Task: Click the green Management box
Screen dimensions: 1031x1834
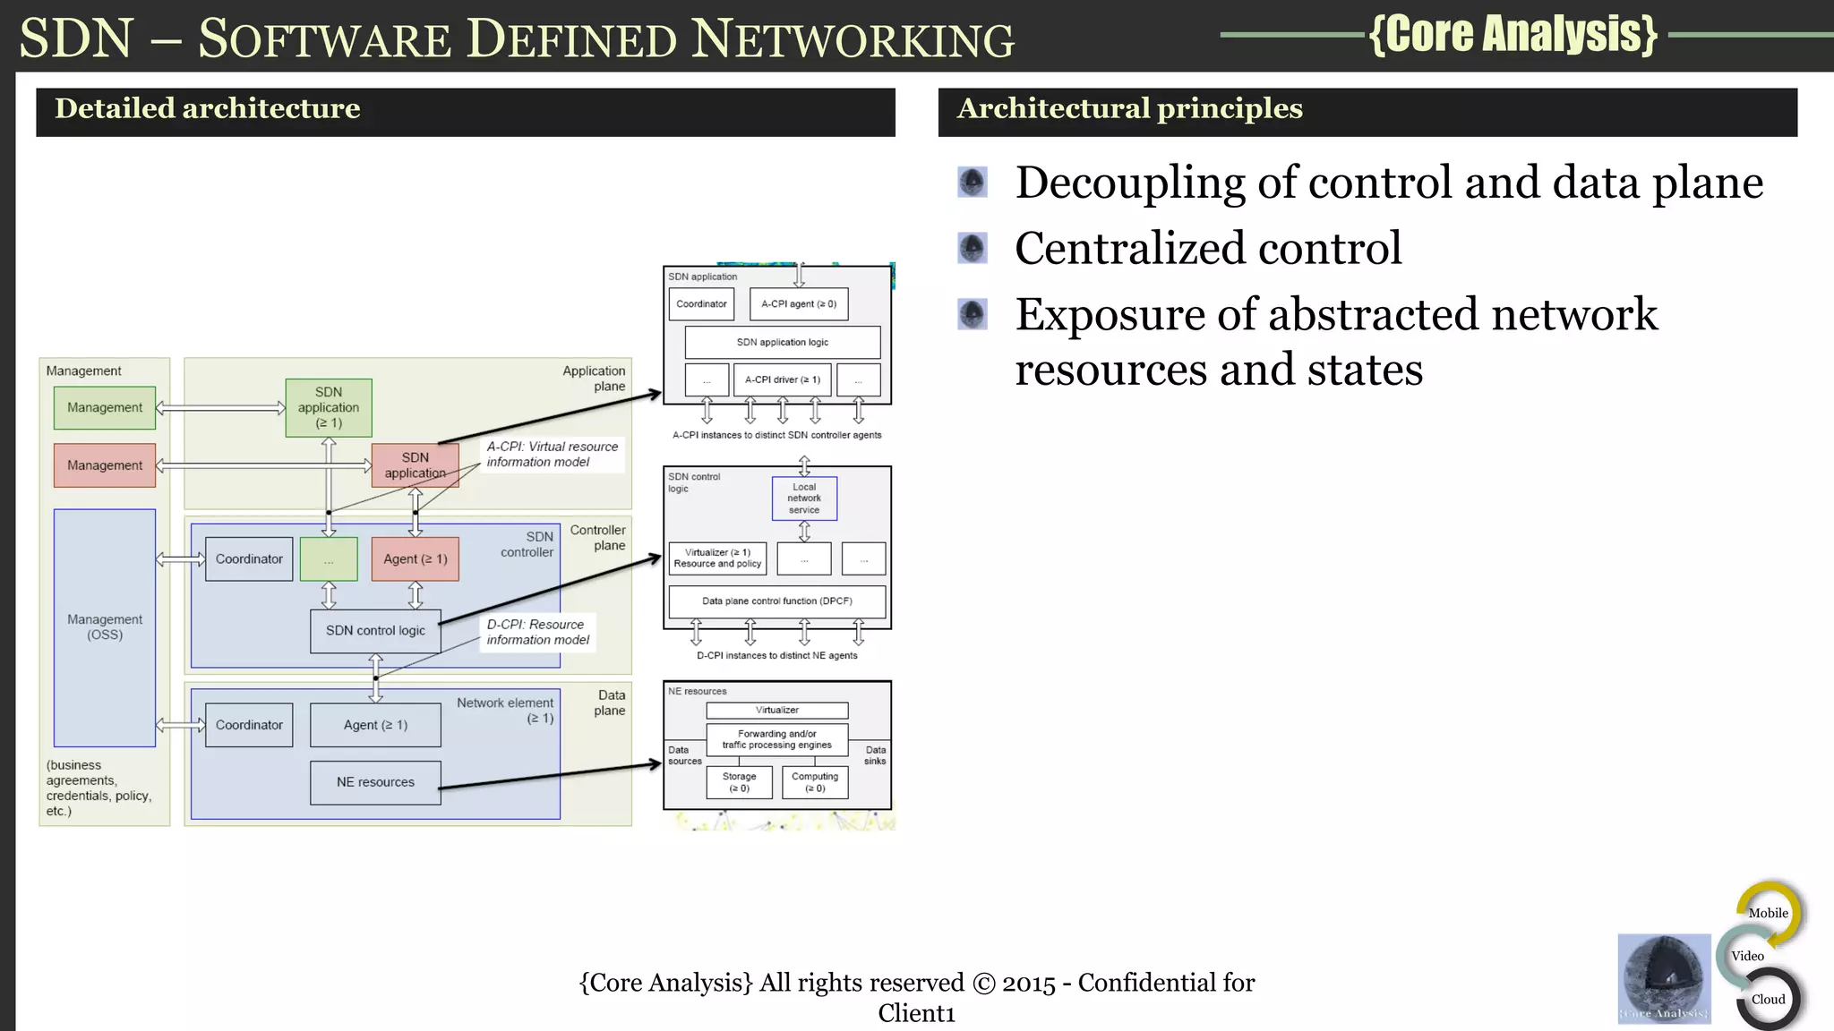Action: point(105,407)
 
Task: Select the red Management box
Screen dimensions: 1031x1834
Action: point(105,465)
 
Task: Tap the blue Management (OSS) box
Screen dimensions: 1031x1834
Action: point(105,626)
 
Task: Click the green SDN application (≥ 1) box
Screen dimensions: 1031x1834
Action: point(329,407)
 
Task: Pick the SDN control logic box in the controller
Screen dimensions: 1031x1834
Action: point(375,631)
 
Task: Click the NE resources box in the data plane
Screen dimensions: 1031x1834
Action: point(375,782)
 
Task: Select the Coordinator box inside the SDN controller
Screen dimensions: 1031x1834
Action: point(249,559)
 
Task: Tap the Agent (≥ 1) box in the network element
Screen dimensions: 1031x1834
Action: point(375,725)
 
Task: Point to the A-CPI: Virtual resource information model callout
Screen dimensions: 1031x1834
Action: point(552,455)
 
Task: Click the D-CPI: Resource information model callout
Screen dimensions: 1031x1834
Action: point(537,632)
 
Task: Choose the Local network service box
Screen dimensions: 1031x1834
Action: point(804,498)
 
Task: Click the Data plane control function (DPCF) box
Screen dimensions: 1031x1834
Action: point(776,601)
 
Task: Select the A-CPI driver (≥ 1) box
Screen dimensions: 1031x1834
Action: point(782,379)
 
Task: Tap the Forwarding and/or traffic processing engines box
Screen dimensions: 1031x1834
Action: point(776,739)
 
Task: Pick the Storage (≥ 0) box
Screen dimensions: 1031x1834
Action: point(739,782)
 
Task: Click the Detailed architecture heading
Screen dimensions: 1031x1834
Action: point(208,109)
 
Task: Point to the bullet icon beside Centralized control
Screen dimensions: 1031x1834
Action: point(973,248)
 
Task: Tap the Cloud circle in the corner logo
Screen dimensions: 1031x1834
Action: point(1768,1000)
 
